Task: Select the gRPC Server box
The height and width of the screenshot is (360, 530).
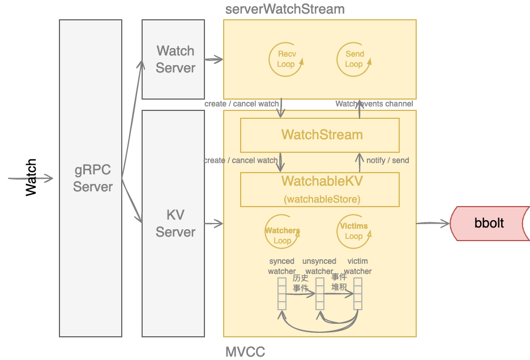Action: pos(91,178)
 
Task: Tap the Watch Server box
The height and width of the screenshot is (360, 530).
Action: pos(173,59)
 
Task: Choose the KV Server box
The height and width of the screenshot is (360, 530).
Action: pos(173,224)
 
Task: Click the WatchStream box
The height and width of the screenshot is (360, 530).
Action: pos(320,135)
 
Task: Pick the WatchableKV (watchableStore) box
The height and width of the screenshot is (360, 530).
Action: pos(320,190)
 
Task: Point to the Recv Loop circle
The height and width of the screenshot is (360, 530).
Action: pos(286,59)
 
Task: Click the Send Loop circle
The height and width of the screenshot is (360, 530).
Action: pos(354,59)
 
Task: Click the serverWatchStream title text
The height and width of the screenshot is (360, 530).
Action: pos(285,9)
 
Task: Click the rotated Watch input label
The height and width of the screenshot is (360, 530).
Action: pos(31,178)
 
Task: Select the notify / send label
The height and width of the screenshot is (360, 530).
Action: pos(387,160)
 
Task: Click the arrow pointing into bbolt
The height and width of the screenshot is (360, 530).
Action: pos(433,224)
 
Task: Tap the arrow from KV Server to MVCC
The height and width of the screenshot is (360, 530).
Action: pos(213,224)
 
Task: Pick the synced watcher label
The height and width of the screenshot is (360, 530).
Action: pos(281,266)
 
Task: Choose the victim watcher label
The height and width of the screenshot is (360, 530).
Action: pos(358,266)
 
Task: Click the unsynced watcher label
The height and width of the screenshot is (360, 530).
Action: pos(319,266)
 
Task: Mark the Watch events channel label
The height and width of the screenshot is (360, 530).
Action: pos(374,104)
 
